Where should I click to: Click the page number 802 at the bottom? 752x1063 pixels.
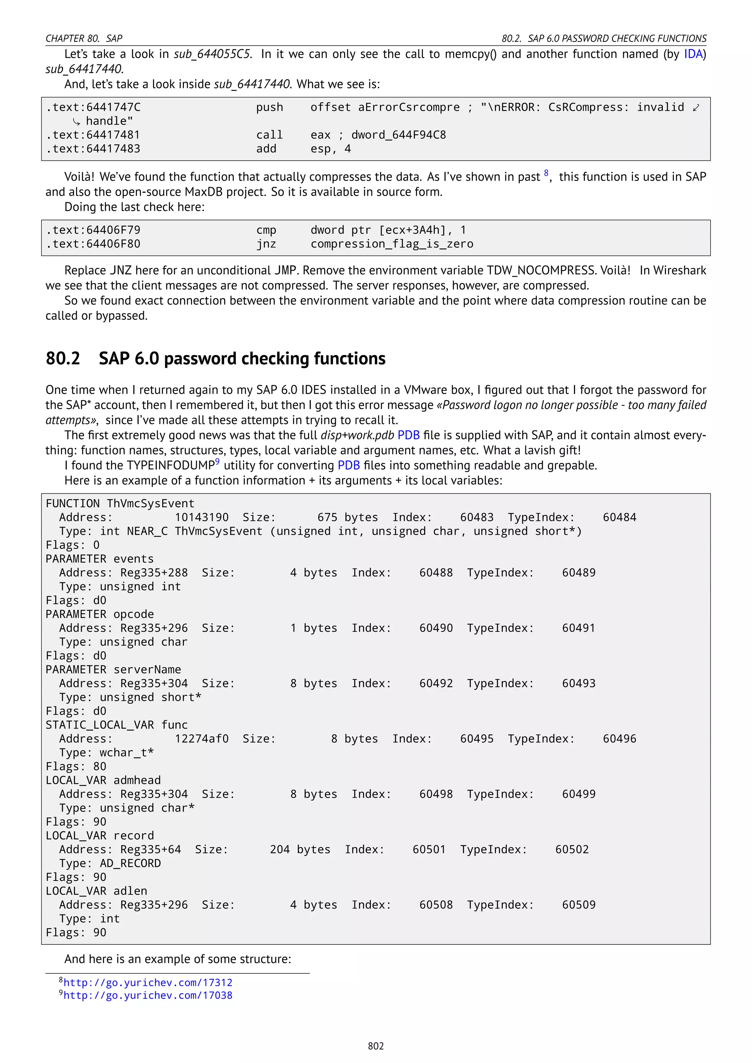(x=376, y=1046)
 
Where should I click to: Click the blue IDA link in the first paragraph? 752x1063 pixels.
(x=693, y=54)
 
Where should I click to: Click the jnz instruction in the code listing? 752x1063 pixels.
(x=266, y=244)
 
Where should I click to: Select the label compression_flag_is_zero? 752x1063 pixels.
(x=392, y=244)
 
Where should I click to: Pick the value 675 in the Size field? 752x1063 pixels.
(x=328, y=518)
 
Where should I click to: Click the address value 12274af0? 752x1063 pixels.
(x=202, y=739)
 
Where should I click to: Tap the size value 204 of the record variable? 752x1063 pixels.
(x=280, y=850)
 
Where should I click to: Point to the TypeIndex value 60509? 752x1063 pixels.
(x=579, y=905)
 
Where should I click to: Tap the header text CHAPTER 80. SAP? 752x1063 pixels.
(x=84, y=39)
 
